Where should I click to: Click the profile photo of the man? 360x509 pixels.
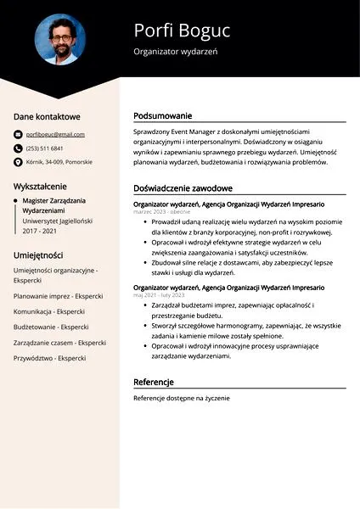59,40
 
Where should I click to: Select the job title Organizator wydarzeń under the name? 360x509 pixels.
176,53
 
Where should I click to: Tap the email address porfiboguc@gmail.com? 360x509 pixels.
55,134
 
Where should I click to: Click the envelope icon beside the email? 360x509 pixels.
18,134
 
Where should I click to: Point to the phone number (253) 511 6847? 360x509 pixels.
48,148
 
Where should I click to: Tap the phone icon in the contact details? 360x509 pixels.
18,148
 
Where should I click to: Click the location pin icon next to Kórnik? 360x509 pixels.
18,161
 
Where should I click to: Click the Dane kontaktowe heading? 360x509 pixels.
47,116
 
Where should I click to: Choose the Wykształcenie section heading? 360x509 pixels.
40,186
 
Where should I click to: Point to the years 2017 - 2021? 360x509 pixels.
40,231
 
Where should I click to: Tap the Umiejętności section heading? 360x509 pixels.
38,255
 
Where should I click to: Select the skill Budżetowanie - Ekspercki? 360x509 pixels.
51,327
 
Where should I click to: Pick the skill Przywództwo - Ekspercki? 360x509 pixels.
49,358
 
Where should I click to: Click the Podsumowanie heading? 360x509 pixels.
163,115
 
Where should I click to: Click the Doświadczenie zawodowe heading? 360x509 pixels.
183,188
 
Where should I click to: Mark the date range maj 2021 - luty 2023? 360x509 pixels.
159,296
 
